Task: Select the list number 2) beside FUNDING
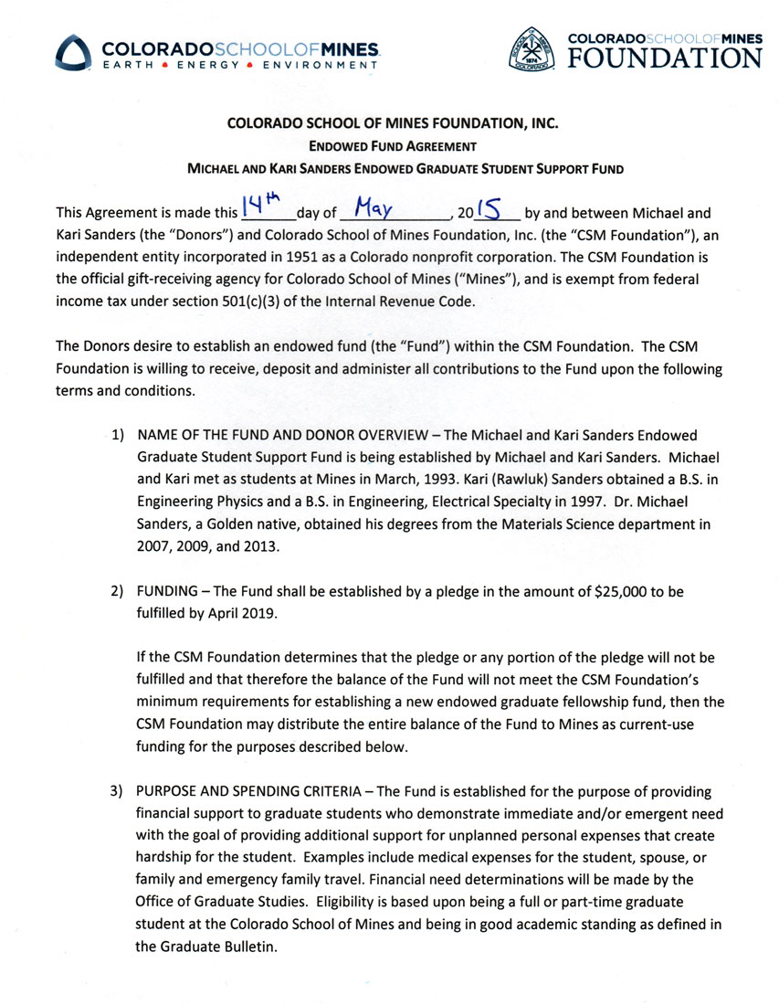(x=119, y=592)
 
